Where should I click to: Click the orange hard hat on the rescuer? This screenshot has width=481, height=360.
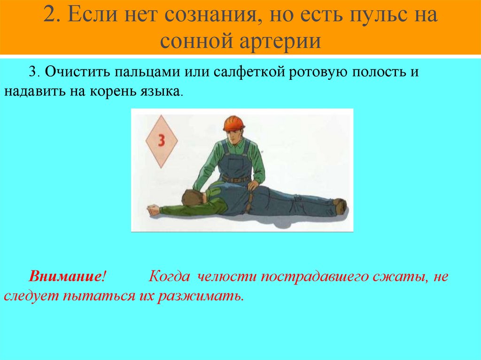coord(234,123)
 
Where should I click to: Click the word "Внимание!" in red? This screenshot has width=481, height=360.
coord(66,276)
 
